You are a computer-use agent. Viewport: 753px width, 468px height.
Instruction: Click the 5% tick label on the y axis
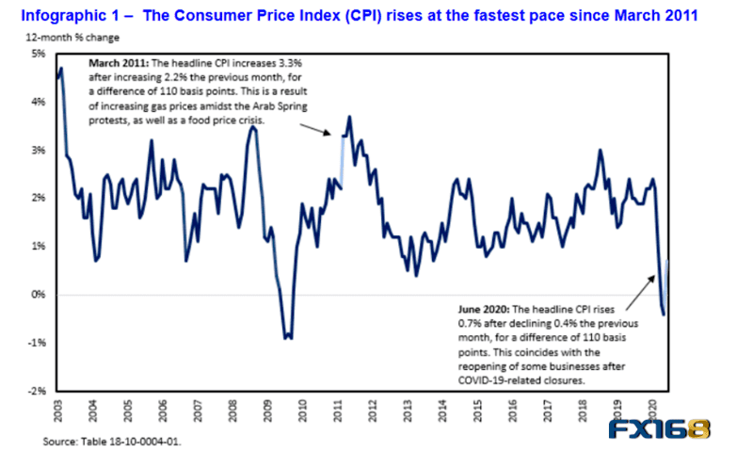pyautogui.click(x=39, y=54)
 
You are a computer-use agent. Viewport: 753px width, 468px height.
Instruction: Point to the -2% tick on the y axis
pyautogui.click(x=38, y=390)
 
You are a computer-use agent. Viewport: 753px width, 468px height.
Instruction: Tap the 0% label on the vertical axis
pyautogui.click(x=39, y=294)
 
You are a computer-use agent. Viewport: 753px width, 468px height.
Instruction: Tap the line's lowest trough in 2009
pyautogui.click(x=289, y=337)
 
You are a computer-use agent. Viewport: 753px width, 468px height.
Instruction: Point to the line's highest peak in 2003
pyautogui.click(x=61, y=68)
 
